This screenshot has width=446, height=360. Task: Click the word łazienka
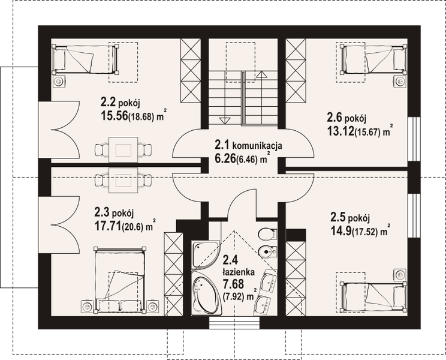pyautogui.click(x=239, y=271)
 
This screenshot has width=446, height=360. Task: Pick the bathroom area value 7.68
pyautogui.click(x=235, y=283)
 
